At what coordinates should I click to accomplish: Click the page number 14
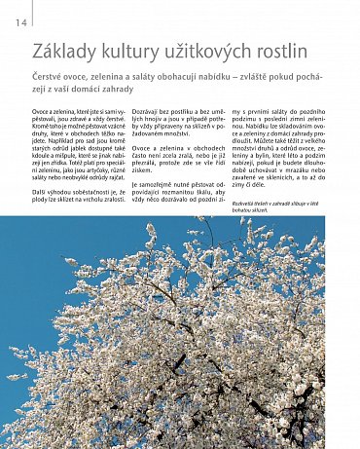point(20,22)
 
